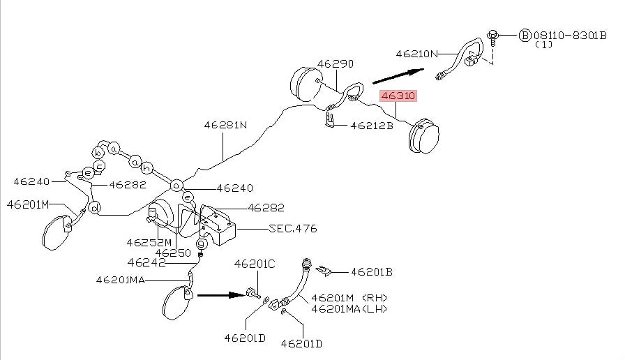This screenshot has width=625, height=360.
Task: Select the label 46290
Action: pos(336,63)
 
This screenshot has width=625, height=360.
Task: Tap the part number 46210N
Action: pos(416,53)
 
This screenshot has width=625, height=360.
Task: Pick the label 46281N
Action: pos(225,126)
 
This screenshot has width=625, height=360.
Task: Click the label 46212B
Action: pos(372,126)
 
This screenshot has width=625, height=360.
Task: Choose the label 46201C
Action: pos(255,264)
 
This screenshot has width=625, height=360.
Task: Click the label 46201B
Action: pos(371,272)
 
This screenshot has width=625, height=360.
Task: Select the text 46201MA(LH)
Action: pos(349,308)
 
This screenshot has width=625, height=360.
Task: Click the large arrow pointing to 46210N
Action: pos(398,75)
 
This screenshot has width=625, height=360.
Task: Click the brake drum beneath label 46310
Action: pos(426,135)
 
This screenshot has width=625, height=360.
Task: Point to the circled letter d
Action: pos(95,206)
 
